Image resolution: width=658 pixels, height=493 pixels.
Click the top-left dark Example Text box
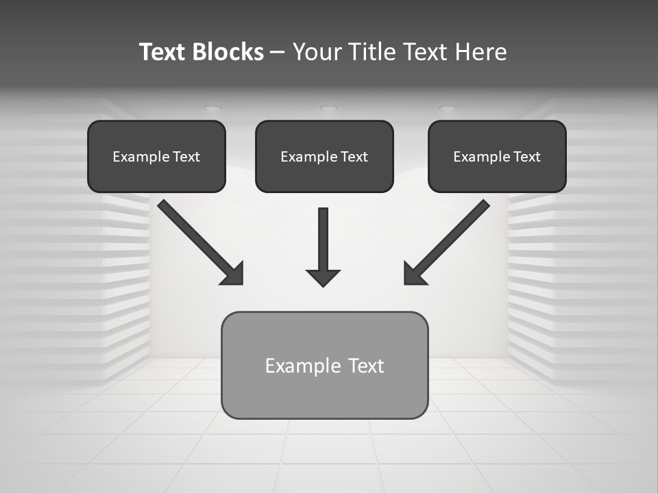(x=156, y=156)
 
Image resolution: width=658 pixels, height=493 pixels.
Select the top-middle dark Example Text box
(x=324, y=156)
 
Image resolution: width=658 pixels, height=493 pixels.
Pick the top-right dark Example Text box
(x=497, y=156)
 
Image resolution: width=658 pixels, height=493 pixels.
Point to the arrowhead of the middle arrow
(x=323, y=277)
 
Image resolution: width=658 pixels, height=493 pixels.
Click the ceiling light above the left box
(x=212, y=108)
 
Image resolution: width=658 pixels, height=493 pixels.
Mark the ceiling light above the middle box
(x=328, y=108)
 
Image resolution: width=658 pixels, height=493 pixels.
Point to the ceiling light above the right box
(x=447, y=108)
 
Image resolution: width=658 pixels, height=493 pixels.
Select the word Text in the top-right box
(x=526, y=157)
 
